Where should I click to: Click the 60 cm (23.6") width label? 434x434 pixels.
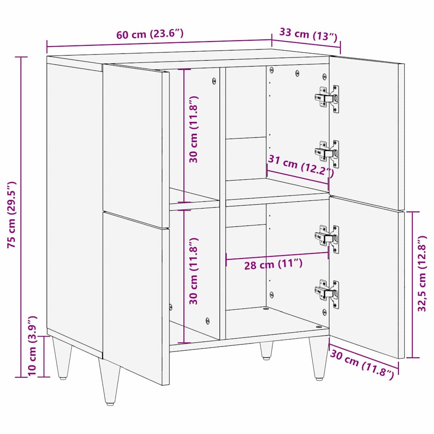tap(150, 34)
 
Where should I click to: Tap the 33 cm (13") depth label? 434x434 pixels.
tap(308, 34)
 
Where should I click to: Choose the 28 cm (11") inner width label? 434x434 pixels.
tap(273, 265)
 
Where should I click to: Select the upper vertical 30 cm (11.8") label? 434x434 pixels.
tap(194, 129)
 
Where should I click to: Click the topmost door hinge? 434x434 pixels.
tap(327, 98)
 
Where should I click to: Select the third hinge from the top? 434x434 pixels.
tap(327, 238)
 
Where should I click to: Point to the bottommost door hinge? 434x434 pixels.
tap(327, 292)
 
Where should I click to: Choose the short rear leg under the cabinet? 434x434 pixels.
tap(266, 350)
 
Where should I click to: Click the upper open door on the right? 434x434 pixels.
tap(365, 131)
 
